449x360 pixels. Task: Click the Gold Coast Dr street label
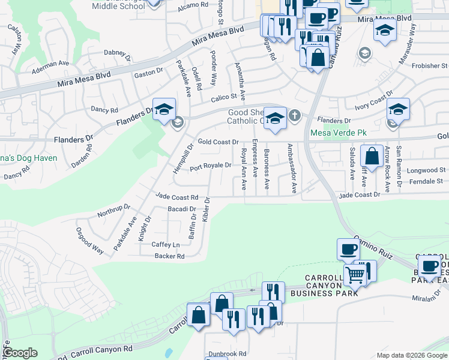coord(218,142)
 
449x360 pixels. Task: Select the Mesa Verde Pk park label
coord(333,133)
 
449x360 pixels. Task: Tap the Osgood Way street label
coord(89,241)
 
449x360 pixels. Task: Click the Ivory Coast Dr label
coord(373,101)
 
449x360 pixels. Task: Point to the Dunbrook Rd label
coord(227,354)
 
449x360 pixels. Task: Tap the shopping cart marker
coord(355,275)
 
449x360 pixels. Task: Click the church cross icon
coord(294,115)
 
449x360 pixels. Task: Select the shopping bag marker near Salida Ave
coord(372,156)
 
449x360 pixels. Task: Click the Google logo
coord(20,353)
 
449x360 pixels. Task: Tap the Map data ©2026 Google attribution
coord(412,355)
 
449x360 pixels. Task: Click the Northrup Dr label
coord(113,211)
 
